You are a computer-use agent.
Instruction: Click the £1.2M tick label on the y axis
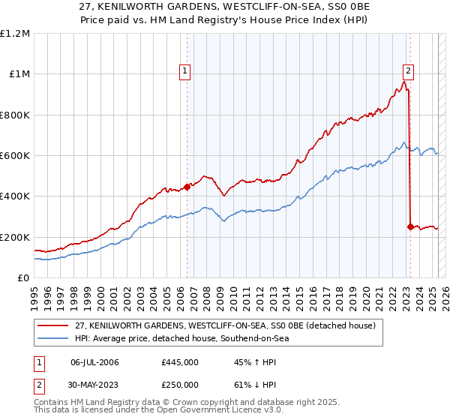click(15, 33)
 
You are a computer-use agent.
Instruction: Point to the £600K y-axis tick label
click(15, 155)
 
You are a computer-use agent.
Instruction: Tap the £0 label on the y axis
click(22, 277)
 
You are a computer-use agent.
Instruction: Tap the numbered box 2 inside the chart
click(408, 71)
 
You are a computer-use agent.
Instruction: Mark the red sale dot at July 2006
click(187, 187)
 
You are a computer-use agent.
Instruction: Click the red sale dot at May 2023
click(410, 226)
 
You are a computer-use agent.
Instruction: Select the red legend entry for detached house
click(229, 325)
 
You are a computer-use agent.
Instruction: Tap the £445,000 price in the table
click(180, 362)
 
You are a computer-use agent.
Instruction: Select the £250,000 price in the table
click(180, 384)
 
